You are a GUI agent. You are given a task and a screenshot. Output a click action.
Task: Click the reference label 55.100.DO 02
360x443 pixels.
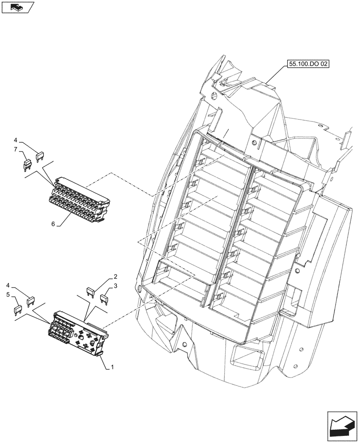[309, 64]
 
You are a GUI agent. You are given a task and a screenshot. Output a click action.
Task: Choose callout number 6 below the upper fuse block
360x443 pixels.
[53, 224]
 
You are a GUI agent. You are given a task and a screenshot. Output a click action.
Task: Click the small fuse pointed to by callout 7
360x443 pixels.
[27, 165]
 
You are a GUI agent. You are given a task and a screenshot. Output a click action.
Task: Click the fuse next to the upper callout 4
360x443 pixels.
[40, 155]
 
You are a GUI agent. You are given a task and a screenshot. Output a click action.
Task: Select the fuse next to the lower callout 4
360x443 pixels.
[31, 302]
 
